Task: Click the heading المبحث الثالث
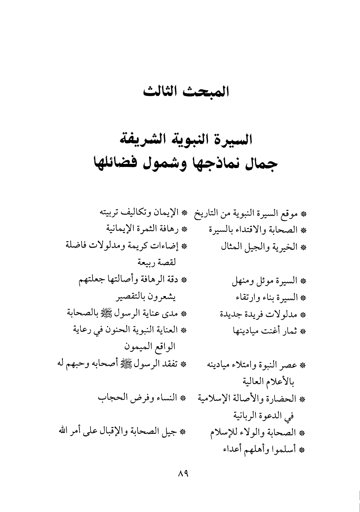coord(186,91)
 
